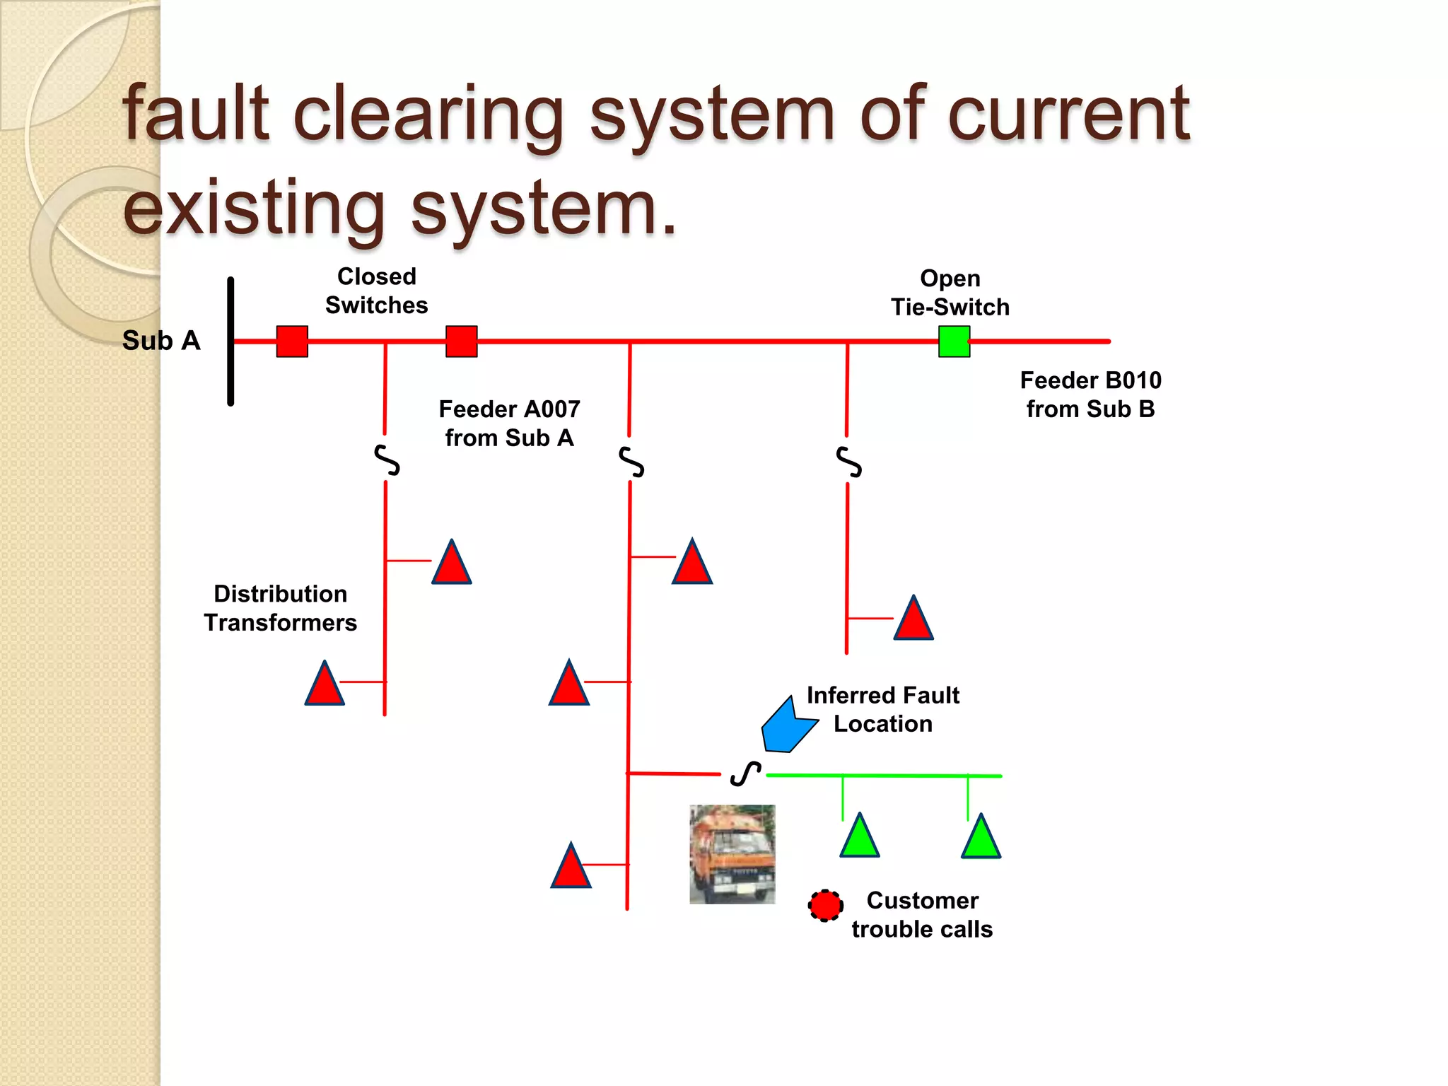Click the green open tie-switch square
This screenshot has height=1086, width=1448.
pyautogui.click(x=954, y=341)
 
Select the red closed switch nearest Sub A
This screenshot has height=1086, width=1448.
pyautogui.click(x=292, y=341)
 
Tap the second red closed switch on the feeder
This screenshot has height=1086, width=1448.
pyautogui.click(x=461, y=341)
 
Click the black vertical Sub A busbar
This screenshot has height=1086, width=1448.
pyautogui.click(x=230, y=341)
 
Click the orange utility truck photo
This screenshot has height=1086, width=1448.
pyautogui.click(x=732, y=854)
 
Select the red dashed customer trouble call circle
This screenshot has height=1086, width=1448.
pyautogui.click(x=825, y=905)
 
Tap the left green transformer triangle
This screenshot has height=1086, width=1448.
pyautogui.click(x=860, y=838)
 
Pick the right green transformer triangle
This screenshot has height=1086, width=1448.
pyautogui.click(x=981, y=839)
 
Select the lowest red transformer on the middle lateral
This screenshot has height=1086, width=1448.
pyautogui.click(x=571, y=868)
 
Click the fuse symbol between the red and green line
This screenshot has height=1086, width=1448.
pyautogui.click(x=745, y=774)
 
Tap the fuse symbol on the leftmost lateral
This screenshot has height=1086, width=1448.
pyautogui.click(x=387, y=460)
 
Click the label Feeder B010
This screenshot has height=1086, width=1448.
pyautogui.click(x=1090, y=381)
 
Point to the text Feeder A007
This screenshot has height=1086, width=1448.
pyautogui.click(x=509, y=409)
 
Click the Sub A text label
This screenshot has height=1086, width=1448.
pyautogui.click(x=161, y=341)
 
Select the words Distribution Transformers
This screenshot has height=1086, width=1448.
pyautogui.click(x=280, y=608)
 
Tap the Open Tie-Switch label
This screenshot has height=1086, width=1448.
pyautogui.click(x=950, y=293)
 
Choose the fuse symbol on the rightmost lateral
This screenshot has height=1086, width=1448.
pyautogui.click(x=848, y=462)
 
